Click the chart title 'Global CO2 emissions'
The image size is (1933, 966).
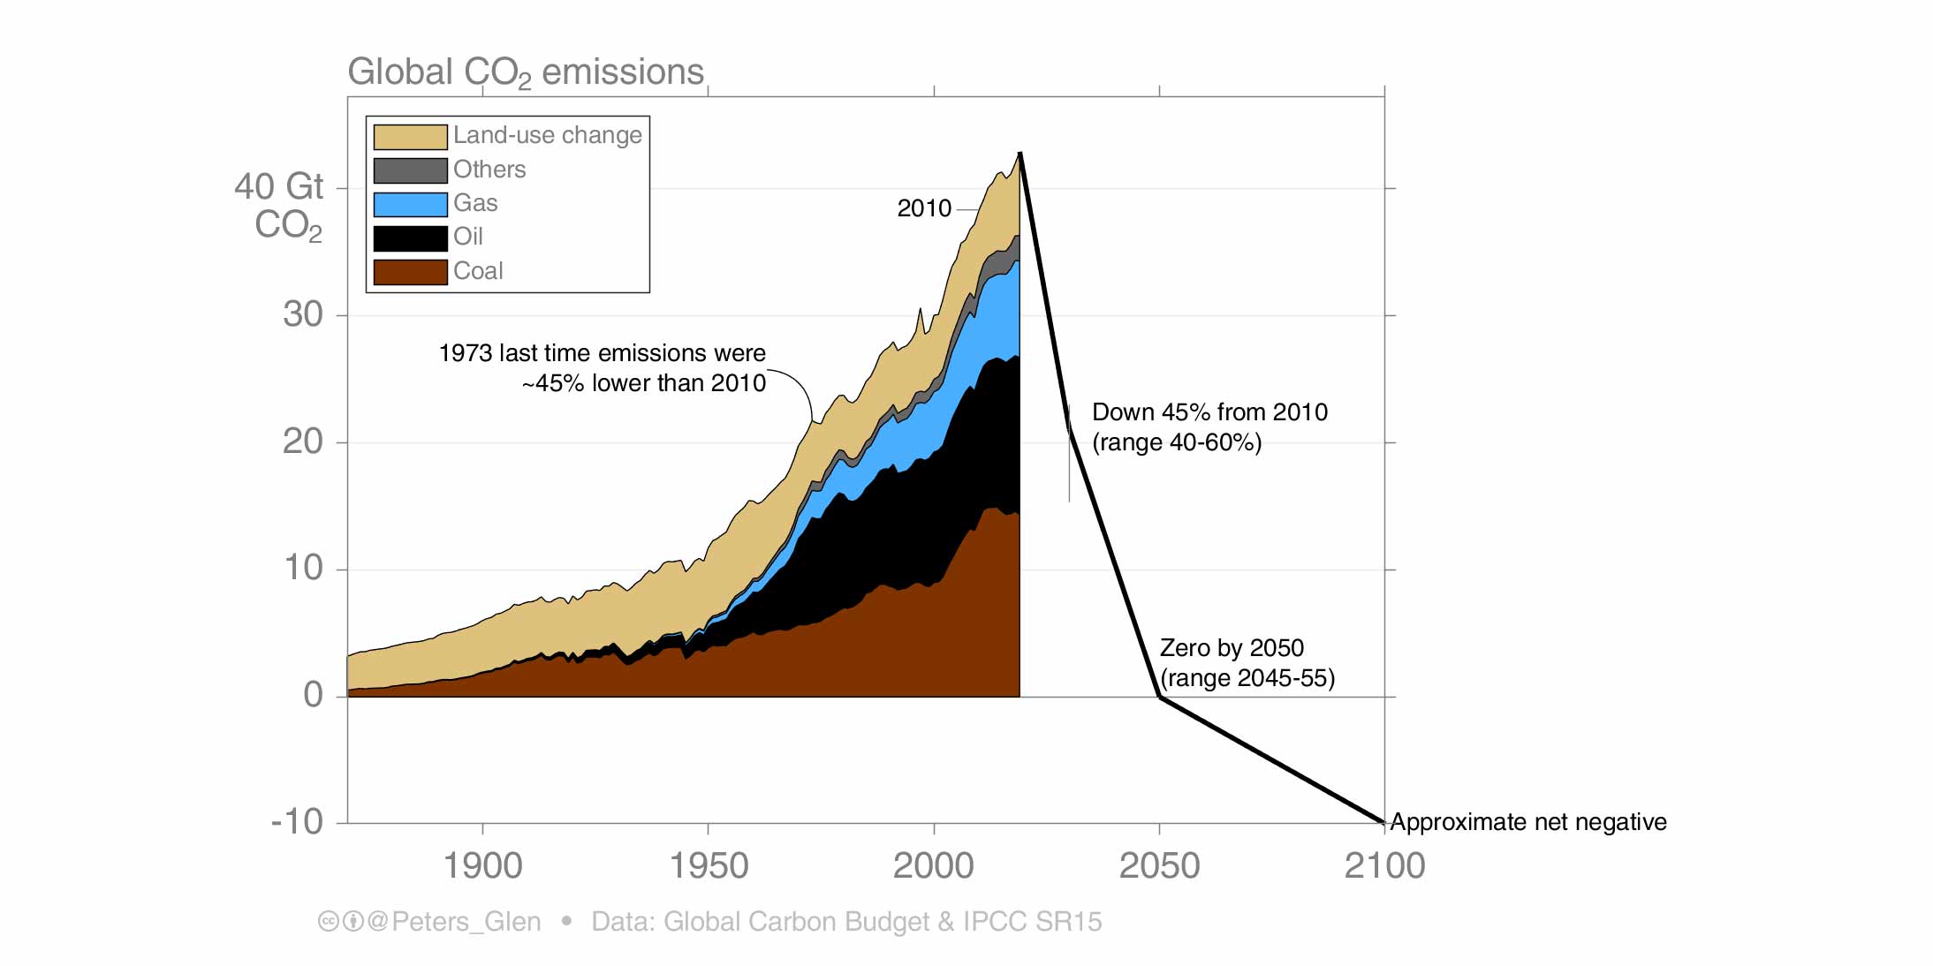[525, 72]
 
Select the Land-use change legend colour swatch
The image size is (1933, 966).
[410, 137]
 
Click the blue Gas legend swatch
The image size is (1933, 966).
[410, 204]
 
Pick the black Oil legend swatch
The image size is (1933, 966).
[410, 238]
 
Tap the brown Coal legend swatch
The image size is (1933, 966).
[410, 272]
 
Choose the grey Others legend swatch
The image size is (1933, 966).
[410, 170]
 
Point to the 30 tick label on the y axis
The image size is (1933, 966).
[303, 314]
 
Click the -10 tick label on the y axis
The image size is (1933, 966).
[297, 822]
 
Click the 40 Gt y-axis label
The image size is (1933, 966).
[278, 187]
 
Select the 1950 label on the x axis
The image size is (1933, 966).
[708, 865]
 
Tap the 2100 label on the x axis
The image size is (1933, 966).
[1384, 865]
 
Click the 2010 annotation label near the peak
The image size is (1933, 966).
[924, 208]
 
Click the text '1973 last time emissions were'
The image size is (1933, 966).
[602, 353]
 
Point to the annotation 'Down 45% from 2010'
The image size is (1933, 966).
[1209, 412]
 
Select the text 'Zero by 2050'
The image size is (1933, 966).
[1232, 648]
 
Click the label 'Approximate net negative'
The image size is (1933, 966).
[1527, 822]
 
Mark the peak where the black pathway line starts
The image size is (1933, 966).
[1020, 154]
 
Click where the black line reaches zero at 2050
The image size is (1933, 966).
[1160, 697]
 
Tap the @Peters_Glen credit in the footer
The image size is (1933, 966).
[453, 922]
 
